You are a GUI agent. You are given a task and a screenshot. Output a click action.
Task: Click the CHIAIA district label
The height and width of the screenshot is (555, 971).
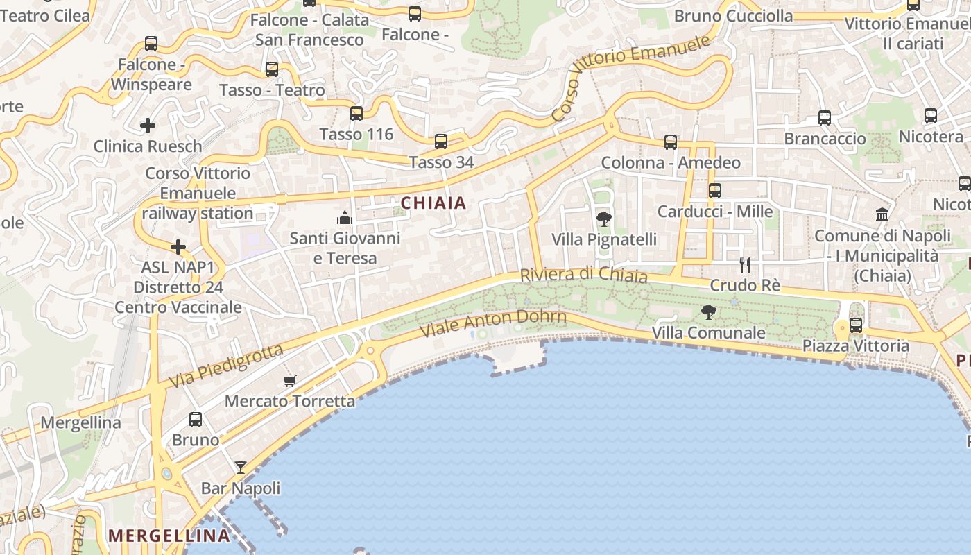[433, 203]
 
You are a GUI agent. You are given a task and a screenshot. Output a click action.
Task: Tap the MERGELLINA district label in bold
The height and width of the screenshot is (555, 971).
[169, 536]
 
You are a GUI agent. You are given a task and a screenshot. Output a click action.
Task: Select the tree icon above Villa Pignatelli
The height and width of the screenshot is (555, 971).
[603, 219]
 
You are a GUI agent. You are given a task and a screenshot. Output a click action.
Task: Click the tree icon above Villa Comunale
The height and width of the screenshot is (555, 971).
[708, 312]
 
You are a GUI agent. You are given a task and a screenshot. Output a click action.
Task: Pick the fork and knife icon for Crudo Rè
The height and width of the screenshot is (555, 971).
[744, 264]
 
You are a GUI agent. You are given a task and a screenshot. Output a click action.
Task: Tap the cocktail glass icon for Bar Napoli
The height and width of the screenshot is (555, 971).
[240, 468]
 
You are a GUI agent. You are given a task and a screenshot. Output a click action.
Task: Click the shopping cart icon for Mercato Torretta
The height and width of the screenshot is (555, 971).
[290, 381]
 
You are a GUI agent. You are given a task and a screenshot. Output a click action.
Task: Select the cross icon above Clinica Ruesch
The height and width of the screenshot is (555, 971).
[147, 126]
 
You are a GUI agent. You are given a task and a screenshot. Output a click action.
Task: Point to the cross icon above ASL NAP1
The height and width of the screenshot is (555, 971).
[178, 247]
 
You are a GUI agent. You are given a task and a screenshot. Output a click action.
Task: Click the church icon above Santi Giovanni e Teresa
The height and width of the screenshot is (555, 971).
[345, 218]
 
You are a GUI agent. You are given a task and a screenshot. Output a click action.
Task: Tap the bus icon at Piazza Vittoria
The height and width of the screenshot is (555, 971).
[856, 325]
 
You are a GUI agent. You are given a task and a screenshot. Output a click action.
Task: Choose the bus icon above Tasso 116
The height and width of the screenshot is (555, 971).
[356, 113]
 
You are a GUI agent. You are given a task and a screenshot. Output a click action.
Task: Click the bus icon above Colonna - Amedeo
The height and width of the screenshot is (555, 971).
[670, 142]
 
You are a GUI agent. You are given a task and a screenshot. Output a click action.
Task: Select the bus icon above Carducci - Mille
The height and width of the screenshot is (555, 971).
[714, 190]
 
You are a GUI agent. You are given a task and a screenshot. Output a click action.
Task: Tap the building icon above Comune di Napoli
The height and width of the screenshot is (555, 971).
[882, 215]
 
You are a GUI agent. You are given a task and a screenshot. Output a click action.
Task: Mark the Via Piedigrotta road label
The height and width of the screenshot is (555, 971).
[227, 366]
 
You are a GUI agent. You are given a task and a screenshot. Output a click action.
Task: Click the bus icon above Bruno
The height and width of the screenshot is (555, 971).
[196, 419]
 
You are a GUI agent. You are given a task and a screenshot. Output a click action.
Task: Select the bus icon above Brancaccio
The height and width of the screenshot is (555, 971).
[824, 118]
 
